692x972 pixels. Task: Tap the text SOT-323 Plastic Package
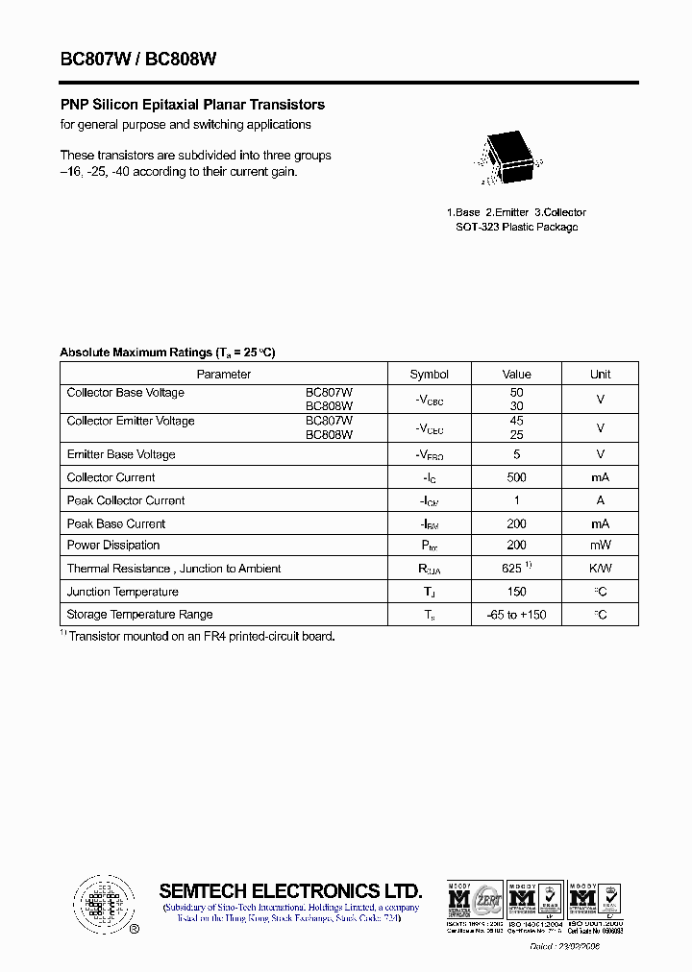(x=516, y=228)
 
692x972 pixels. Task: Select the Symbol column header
(x=429, y=375)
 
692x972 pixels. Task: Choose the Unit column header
(x=600, y=375)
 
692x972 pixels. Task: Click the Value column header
(x=516, y=375)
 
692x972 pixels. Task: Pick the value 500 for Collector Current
(x=516, y=477)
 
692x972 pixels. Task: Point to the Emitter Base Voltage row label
(x=121, y=454)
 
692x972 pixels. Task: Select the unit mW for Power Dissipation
(x=600, y=546)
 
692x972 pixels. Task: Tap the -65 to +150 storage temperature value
(x=516, y=615)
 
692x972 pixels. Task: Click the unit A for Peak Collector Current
(x=600, y=500)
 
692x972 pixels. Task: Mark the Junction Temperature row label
(x=122, y=592)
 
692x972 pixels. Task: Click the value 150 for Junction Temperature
(x=516, y=592)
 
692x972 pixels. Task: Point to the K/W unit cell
(x=600, y=569)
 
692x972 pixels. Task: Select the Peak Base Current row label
(x=115, y=523)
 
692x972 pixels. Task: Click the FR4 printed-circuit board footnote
(x=200, y=636)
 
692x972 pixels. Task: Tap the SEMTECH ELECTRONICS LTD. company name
(x=290, y=890)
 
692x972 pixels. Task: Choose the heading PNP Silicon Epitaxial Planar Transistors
(x=192, y=105)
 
